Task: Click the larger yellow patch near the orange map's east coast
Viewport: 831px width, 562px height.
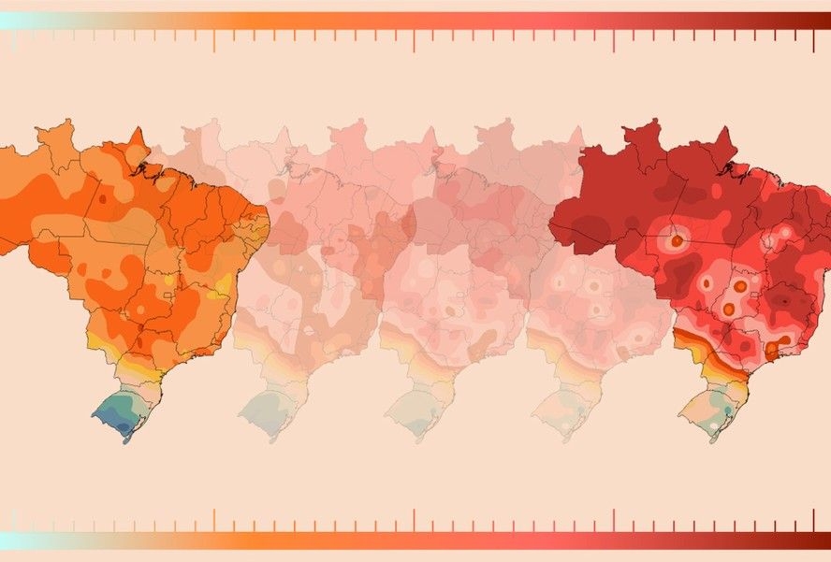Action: click(x=223, y=286)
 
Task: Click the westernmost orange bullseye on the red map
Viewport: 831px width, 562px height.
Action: click(x=676, y=240)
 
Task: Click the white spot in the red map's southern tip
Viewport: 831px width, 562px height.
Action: click(x=715, y=425)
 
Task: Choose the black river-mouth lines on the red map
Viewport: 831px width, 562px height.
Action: click(x=725, y=170)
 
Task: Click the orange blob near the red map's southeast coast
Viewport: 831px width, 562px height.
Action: click(x=772, y=350)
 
